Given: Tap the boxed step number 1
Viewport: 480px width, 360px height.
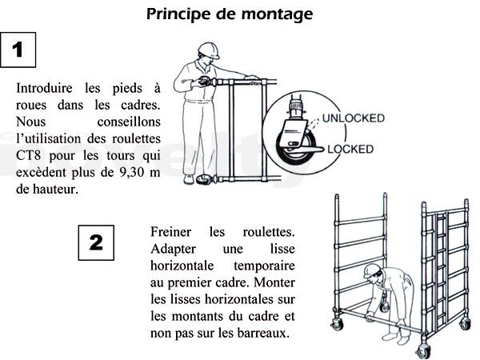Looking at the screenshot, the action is pos(18,50).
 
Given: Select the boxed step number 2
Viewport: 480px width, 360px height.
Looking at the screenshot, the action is pos(96,242).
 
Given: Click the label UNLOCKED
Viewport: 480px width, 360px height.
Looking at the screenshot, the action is pos(354,118).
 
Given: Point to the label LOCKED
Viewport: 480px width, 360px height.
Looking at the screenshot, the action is pos(350,149).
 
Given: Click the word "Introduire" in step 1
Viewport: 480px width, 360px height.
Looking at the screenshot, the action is pos(44,88).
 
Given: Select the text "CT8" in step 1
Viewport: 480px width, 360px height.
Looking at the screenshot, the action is pos(28,155).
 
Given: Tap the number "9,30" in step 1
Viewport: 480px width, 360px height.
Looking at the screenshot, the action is pos(131,172).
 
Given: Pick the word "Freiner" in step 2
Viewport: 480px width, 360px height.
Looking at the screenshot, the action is pos(171,232).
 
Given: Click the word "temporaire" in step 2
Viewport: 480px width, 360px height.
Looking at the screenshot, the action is pos(264,266).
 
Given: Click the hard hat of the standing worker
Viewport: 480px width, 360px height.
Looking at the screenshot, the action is pos(209,50).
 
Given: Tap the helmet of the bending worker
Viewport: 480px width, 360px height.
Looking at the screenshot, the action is pos(372,270).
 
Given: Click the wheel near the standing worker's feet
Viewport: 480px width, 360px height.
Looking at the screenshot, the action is pos(203,179).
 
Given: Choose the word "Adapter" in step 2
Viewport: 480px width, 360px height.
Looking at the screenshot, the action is pos(173,249).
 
